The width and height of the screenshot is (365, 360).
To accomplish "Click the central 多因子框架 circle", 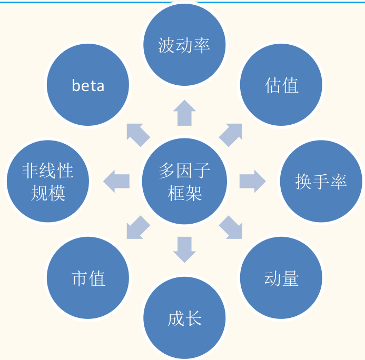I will [x=184, y=182].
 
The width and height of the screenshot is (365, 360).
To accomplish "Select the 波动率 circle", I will [x=184, y=45].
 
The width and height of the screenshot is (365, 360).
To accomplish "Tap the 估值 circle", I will [x=281, y=85].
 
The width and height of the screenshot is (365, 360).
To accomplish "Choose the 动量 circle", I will [x=281, y=278].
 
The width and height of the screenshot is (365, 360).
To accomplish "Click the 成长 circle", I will [x=184, y=318].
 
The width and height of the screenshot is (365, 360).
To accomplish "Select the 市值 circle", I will [x=88, y=278].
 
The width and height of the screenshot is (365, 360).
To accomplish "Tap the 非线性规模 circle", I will [x=48, y=182].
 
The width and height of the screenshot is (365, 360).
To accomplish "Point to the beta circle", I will [x=88, y=85].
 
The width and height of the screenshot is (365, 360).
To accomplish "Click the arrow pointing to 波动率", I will [x=184, y=113].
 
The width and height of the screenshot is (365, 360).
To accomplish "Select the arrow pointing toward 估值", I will [x=231, y=135].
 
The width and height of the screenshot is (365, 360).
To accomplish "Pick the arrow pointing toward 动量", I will [x=231, y=227].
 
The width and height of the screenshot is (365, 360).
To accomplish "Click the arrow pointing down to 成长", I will [x=184, y=249].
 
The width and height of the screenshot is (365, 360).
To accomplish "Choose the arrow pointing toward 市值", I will [x=138, y=227].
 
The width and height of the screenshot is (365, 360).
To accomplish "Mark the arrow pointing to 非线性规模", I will [x=116, y=182].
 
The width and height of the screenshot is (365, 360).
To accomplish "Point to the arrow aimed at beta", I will [x=138, y=135].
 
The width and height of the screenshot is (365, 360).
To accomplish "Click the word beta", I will [x=88, y=85].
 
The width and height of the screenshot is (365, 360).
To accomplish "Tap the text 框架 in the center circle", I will [x=184, y=193].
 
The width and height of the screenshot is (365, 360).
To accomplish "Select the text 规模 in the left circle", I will [x=48, y=193].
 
